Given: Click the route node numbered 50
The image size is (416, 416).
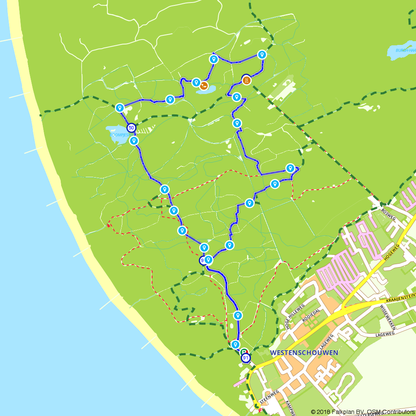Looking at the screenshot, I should [131, 128].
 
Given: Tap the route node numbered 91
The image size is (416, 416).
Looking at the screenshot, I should [246, 358].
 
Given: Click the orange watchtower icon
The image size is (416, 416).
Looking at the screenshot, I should [246, 79].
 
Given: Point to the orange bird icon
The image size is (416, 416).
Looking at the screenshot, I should [203, 86].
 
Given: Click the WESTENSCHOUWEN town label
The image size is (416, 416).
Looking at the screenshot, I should [304, 353].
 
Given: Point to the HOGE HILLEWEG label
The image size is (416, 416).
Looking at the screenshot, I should [295, 316].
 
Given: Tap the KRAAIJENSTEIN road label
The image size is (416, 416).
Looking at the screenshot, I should [400, 297].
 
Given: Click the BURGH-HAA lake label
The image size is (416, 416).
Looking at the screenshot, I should [405, 50].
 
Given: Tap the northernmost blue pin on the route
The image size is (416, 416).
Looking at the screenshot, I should [262, 54].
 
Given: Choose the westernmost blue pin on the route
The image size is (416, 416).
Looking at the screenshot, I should [120, 108].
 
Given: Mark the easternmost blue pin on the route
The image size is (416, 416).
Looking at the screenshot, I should [290, 168].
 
